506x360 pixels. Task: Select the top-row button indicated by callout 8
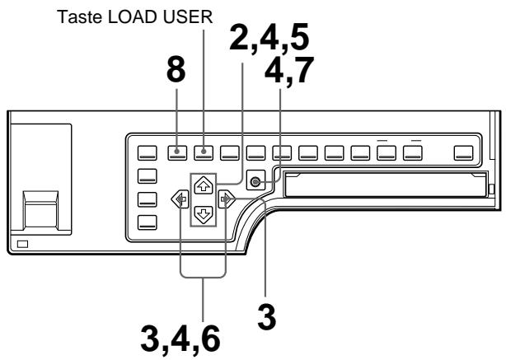(176, 152)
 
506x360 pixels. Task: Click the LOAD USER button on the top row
(203, 152)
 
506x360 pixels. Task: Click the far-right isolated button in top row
(464, 152)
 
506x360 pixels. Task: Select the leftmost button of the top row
(147, 152)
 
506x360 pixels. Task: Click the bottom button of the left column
(147, 221)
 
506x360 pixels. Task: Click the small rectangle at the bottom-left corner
(21, 243)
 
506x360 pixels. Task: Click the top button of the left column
(147, 175)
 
